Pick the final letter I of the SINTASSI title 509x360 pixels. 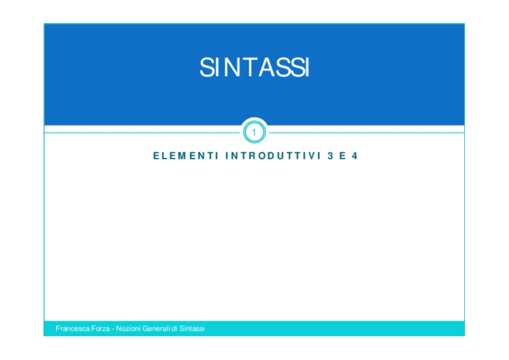(305, 69)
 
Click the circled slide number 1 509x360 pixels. (254, 132)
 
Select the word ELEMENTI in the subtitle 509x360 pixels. (184, 157)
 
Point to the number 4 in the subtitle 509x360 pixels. (354, 157)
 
